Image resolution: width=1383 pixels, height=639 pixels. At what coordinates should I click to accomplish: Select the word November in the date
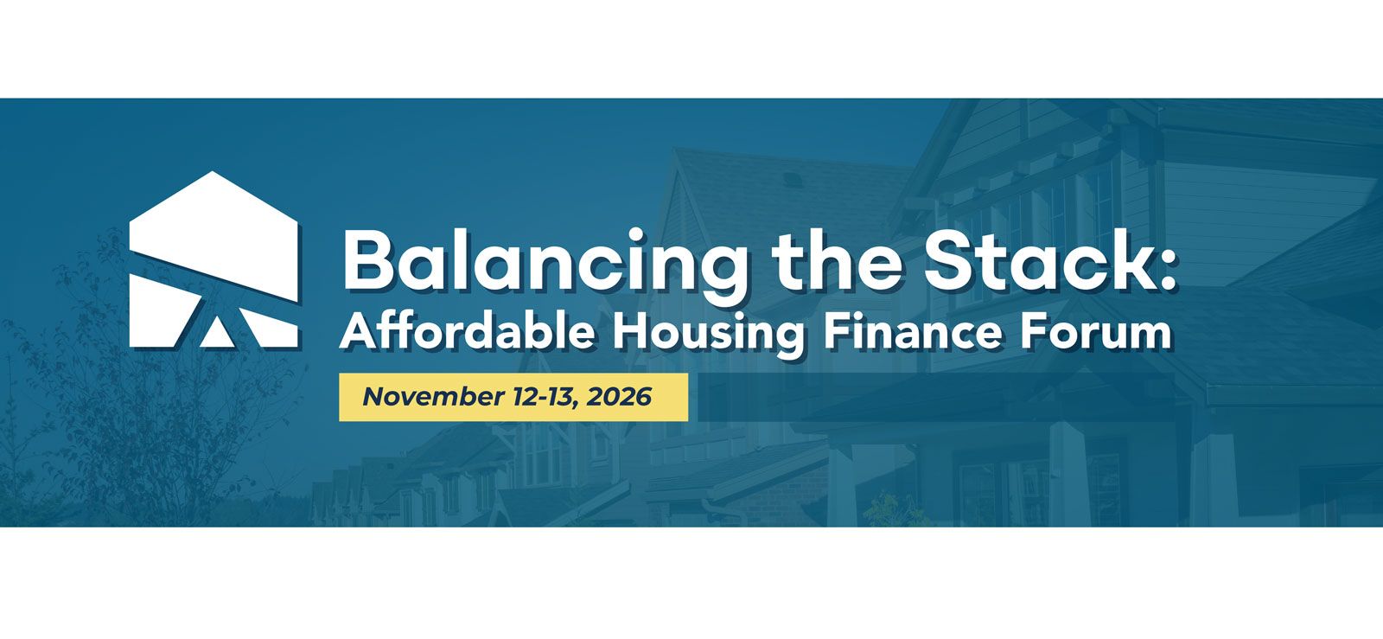pyautogui.click(x=433, y=396)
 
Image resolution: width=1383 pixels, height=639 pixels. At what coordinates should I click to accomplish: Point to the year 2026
pyautogui.click(x=619, y=396)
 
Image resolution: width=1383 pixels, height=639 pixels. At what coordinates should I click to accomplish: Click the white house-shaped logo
pyautogui.click(x=214, y=259)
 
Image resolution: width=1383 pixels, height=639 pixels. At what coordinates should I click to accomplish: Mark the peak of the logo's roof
pyautogui.click(x=213, y=171)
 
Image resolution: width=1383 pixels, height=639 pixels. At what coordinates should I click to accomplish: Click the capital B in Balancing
pyautogui.click(x=368, y=260)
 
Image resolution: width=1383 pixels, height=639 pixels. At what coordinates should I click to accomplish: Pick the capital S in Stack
pyautogui.click(x=951, y=260)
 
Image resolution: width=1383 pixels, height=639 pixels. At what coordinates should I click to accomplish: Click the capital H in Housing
pyautogui.click(x=629, y=333)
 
